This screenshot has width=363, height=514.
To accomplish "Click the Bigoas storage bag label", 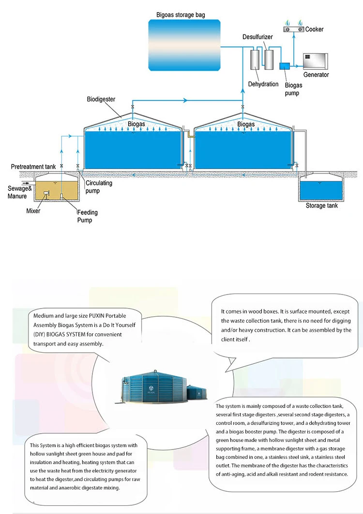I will point(181,15).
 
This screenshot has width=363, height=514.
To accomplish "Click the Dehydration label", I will point(263,84).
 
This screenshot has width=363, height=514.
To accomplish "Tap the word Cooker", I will point(315,30).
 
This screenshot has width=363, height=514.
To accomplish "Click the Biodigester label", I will point(101,99).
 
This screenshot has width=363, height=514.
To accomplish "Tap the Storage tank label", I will point(322,206).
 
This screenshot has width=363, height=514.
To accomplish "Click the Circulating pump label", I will point(99,187).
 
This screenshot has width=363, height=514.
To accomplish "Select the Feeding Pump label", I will point(88,217).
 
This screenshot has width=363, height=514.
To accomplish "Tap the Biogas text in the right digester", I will point(246,125).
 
